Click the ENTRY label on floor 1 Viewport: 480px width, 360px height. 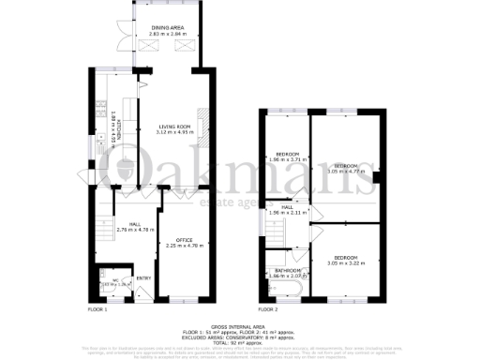[143, 277]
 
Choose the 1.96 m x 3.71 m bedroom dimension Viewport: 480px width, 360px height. [287, 160]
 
